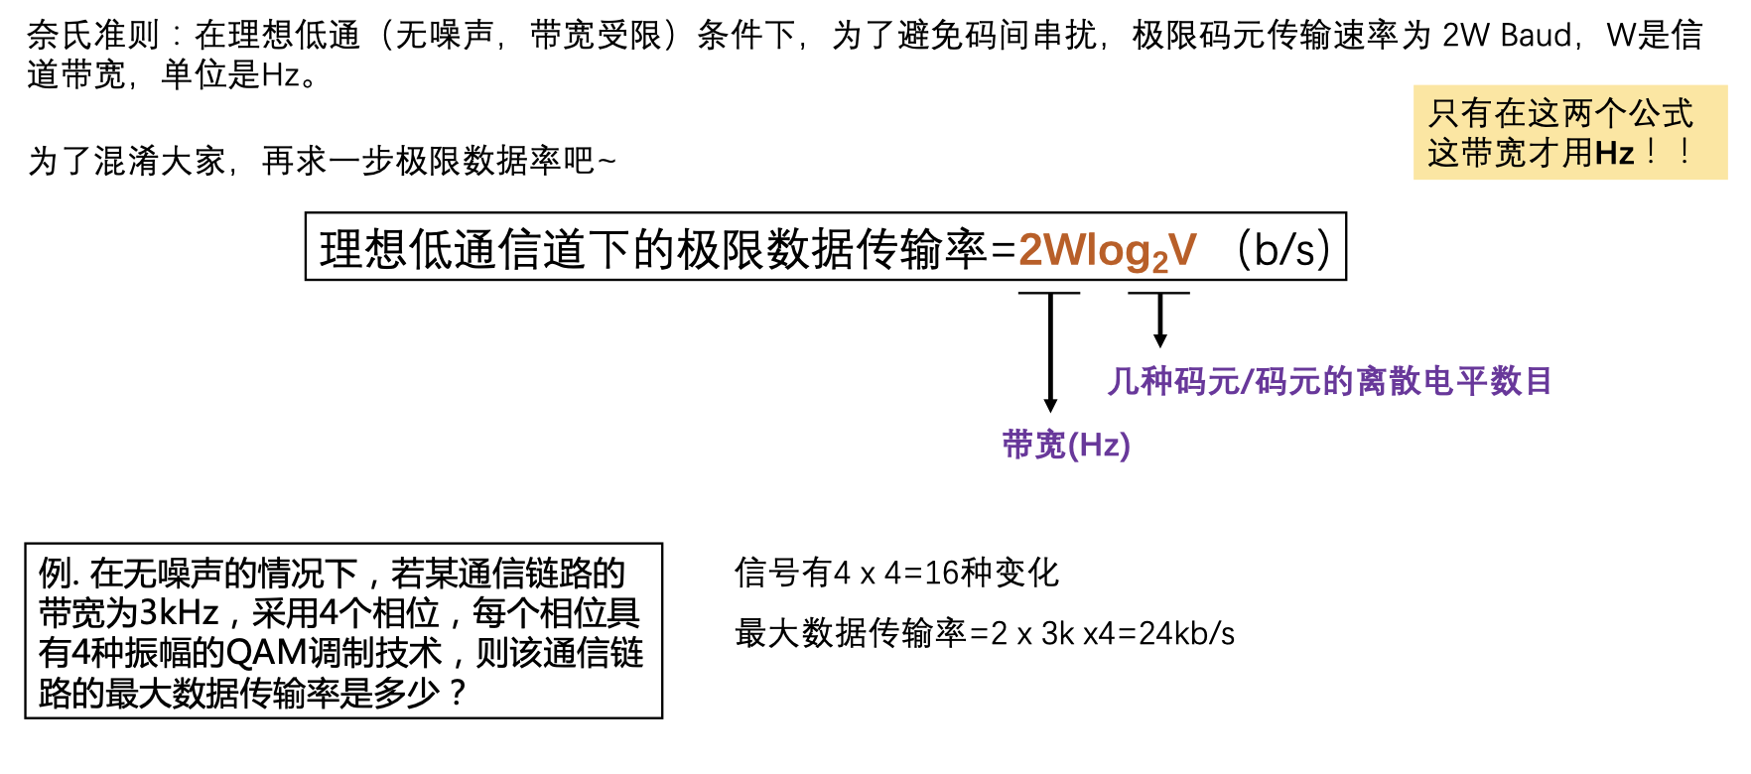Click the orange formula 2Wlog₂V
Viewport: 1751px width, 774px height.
[x=1107, y=250]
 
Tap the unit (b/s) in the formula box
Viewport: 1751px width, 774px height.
[x=1282, y=249]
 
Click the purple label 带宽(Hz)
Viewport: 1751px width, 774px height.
[x=1066, y=444]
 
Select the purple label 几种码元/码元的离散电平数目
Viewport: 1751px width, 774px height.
[x=1329, y=380]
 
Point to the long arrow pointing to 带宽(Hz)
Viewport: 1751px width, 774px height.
[x=1050, y=352]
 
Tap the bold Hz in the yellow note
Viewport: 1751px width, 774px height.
[x=1614, y=153]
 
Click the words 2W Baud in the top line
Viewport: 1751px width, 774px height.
[x=1507, y=36]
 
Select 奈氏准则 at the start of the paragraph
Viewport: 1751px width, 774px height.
[x=93, y=36]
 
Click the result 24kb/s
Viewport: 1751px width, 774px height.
[x=1187, y=633]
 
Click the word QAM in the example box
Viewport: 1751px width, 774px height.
[x=267, y=652]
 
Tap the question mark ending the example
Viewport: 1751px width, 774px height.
[x=457, y=692]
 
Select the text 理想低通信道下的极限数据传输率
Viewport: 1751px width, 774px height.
[x=653, y=249]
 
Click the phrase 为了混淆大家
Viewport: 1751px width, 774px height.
[x=127, y=161]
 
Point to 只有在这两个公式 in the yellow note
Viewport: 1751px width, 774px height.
[x=1560, y=113]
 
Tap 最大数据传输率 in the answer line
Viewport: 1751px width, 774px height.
[x=852, y=633]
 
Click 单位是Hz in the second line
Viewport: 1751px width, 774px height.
[x=231, y=75]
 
